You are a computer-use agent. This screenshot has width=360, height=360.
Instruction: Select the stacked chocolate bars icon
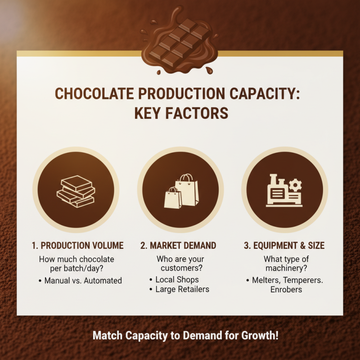pyautogui.click(x=76, y=191)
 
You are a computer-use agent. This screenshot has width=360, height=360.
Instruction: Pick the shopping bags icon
pyautogui.click(x=180, y=191)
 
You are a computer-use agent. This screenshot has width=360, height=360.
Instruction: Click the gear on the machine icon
pyautogui.click(x=296, y=184)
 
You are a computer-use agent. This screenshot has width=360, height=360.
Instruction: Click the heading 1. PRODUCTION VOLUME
pyautogui.click(x=77, y=246)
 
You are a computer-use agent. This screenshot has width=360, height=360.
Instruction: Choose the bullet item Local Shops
pyautogui.click(x=177, y=279)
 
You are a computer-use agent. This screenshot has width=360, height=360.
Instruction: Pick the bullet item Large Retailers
pyautogui.click(x=182, y=289)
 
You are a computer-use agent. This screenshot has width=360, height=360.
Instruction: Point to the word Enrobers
pyautogui.click(x=286, y=289)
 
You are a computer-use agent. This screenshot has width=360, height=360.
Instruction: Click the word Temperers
pyautogui.click(x=304, y=280)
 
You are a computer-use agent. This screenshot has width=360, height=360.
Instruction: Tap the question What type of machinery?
pyautogui.click(x=284, y=264)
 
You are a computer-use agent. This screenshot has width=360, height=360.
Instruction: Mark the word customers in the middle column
pyautogui.click(x=180, y=269)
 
